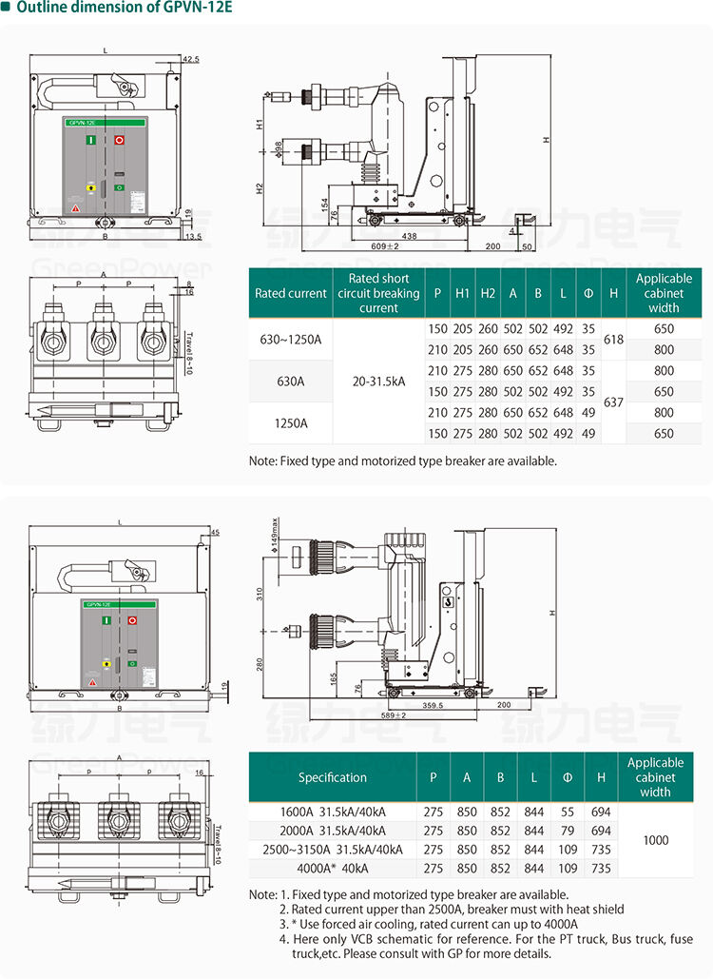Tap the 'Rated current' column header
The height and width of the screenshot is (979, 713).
point(290,293)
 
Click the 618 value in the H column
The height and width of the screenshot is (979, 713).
point(613,339)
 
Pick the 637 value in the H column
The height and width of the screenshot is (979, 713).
point(613,401)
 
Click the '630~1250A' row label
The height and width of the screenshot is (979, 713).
point(290,339)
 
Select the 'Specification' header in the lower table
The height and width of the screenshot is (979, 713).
point(332,777)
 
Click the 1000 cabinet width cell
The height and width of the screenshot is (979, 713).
point(655,840)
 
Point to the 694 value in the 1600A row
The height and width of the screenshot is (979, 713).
point(600,812)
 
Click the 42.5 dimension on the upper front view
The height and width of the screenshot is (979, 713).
point(190,60)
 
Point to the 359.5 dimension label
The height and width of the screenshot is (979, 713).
point(434,705)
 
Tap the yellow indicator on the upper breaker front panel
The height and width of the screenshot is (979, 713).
point(89,188)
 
